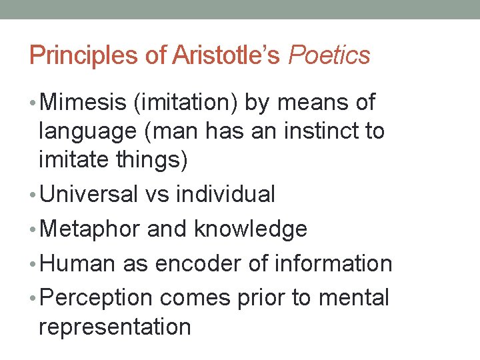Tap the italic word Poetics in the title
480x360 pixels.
coord(329,55)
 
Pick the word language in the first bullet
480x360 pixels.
coord(84,131)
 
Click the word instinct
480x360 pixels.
coord(317,131)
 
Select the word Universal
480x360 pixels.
coord(87,194)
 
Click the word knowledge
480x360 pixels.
coord(251,229)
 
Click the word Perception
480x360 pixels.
coord(96,298)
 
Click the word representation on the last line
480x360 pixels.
coord(115,327)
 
